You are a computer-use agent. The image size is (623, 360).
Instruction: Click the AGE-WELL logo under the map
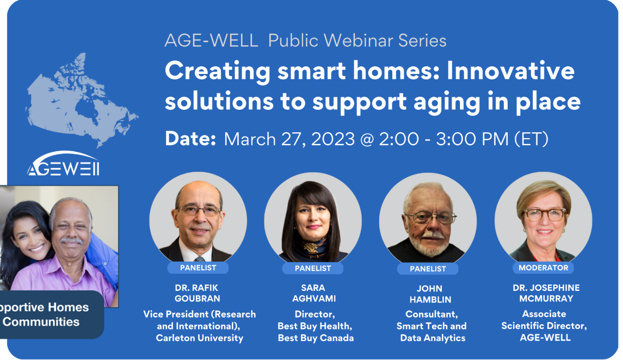click(63, 164)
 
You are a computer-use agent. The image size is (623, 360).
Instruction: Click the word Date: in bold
click(190, 139)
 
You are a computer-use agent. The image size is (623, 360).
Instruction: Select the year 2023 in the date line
click(333, 139)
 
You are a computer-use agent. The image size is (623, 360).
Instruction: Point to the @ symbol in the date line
click(367, 140)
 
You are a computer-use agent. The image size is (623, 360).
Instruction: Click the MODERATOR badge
click(543, 268)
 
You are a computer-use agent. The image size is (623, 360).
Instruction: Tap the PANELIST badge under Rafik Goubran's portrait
click(198, 268)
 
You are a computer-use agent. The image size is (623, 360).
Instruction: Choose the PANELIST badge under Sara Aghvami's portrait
click(313, 268)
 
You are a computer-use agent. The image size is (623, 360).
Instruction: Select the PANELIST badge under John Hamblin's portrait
click(428, 269)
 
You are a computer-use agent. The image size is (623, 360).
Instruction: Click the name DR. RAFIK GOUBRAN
click(197, 293)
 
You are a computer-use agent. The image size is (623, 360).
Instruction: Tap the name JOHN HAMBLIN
click(430, 294)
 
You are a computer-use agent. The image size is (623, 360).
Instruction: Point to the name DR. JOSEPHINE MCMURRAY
click(546, 293)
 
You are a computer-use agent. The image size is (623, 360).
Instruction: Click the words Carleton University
click(200, 338)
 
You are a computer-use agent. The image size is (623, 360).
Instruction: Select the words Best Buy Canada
click(316, 338)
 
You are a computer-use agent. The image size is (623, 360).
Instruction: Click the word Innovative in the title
click(510, 71)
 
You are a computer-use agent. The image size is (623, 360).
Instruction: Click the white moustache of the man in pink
click(71, 240)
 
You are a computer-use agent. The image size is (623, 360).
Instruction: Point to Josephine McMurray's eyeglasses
click(545, 215)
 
